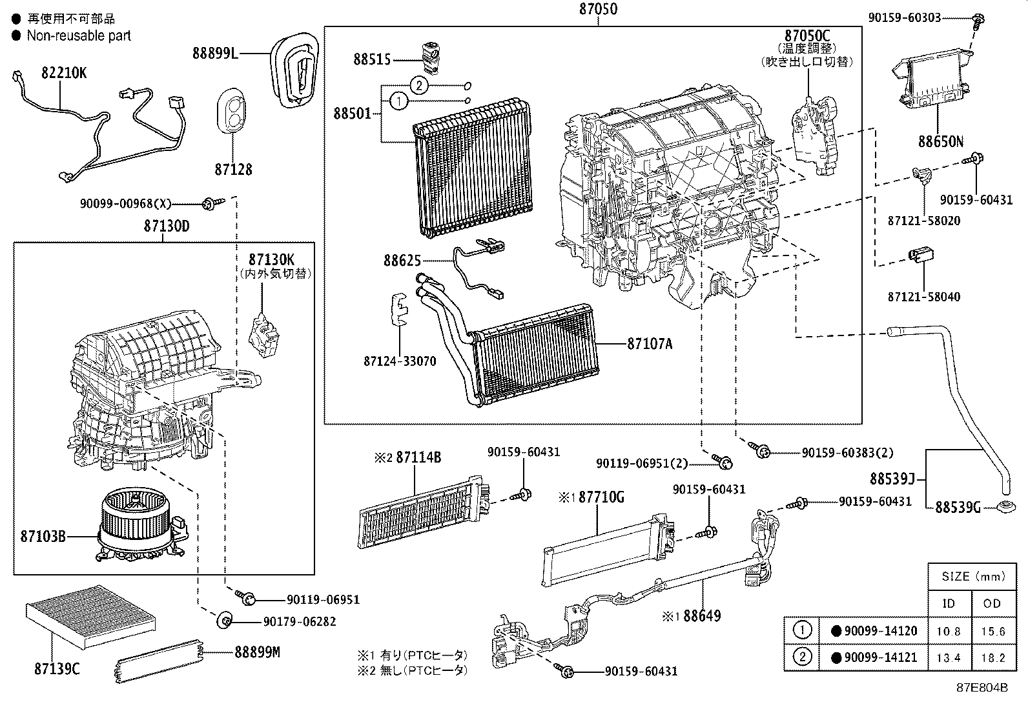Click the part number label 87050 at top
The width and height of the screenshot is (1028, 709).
point(597,9)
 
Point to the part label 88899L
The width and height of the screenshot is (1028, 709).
point(214,54)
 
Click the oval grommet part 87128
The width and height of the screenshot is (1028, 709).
point(233,114)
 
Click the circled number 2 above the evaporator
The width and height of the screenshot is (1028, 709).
point(418,85)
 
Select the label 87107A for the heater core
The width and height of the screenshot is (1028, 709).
point(650,344)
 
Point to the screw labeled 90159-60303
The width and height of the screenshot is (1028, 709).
point(978,21)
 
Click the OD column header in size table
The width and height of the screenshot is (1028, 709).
point(992,604)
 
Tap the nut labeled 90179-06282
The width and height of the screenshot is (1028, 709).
point(225,621)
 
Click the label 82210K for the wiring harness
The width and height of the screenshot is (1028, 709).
point(64,73)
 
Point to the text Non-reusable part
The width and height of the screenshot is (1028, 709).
point(78,35)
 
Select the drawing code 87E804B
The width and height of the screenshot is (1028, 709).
point(982,687)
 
